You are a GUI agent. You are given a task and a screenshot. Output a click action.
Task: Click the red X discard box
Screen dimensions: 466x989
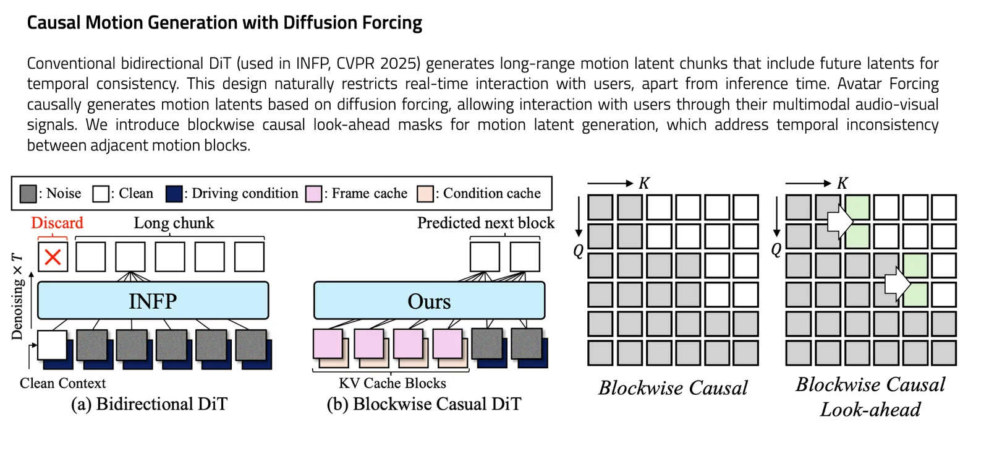coord(53,256)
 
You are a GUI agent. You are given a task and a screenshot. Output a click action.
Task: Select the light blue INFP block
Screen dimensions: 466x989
coord(153,301)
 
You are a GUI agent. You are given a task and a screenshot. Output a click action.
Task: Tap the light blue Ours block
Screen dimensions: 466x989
coord(429,301)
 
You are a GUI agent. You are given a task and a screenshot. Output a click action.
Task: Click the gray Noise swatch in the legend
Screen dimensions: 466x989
coord(28,194)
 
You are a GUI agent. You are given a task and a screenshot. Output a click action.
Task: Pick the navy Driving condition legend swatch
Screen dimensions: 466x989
coord(174,194)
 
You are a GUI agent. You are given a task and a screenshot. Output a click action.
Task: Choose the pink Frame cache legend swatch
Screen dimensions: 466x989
coord(314,194)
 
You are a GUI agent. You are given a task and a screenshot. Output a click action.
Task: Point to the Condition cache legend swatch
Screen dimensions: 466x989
coord(425,194)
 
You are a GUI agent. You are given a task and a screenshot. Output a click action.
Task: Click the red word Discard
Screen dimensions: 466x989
coord(57,223)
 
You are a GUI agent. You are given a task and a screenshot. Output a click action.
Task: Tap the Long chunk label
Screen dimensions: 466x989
coord(174,223)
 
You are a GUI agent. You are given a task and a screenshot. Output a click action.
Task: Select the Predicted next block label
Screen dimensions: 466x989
coord(486,223)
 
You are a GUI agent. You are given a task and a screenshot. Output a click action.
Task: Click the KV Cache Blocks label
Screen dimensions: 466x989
coord(392,383)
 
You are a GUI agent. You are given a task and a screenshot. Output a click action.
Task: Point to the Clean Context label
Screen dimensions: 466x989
coord(62,383)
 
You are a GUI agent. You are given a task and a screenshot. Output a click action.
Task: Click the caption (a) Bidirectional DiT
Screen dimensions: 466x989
coord(149,404)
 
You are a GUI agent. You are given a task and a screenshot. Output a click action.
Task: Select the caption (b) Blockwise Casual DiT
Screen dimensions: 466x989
coord(424,404)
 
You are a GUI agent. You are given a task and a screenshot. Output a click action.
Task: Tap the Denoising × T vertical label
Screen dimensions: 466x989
coord(17,296)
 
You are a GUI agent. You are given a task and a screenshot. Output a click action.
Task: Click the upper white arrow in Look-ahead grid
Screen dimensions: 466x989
coord(839,220)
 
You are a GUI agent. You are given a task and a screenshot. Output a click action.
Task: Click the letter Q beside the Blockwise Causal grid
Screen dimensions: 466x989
coord(579,251)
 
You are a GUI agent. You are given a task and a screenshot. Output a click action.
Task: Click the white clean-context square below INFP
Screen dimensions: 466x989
coord(52,345)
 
